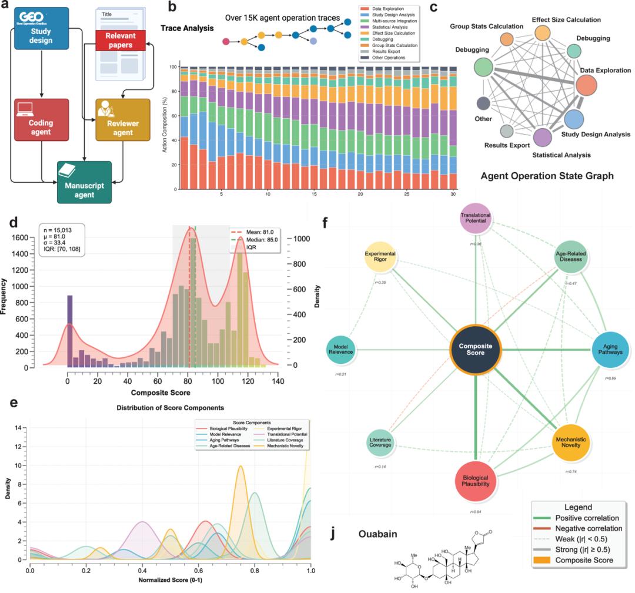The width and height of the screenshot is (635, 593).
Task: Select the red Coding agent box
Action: pos(41,119)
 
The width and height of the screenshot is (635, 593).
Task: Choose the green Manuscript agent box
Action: pos(84,182)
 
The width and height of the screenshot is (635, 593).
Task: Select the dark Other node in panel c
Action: pos(484,103)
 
